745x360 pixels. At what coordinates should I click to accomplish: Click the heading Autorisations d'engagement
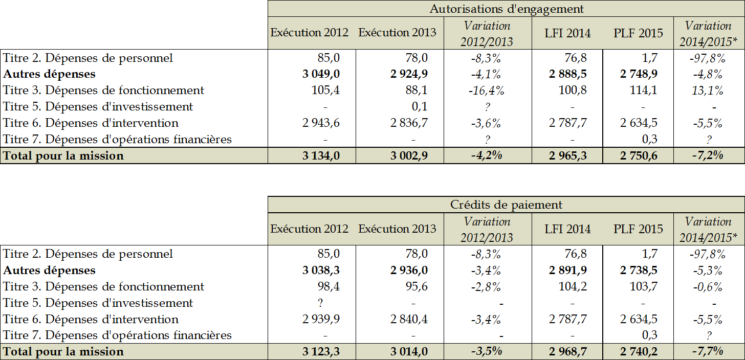[506, 9]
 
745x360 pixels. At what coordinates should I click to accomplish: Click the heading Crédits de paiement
[506, 205]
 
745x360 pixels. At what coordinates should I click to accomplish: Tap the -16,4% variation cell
[487, 91]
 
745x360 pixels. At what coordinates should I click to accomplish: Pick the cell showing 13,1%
[708, 91]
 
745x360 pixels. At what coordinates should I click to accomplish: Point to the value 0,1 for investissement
[420, 107]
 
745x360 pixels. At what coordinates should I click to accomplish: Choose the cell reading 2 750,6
[639, 156]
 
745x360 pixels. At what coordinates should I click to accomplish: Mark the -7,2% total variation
[708, 156]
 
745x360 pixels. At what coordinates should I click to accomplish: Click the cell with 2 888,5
[567, 74]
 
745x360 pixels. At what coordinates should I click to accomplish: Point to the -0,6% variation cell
[708, 286]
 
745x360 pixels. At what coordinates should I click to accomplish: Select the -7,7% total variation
[708, 352]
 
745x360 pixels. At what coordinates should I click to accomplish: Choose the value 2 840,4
[409, 319]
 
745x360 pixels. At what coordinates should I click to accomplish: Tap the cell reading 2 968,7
[567, 352]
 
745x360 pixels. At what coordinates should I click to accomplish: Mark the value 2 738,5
[639, 270]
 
